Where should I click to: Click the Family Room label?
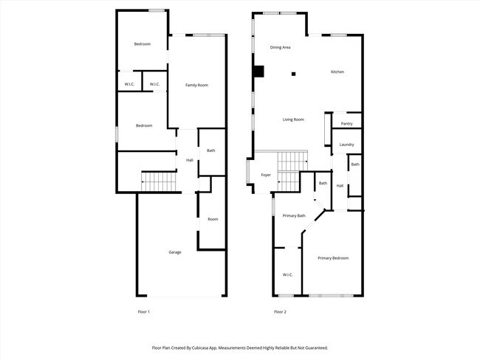(196, 86)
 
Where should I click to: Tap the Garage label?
(175, 252)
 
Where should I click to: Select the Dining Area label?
(280, 47)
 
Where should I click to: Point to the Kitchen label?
(337, 72)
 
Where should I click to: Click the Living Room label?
(293, 120)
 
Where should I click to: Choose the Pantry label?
(346, 123)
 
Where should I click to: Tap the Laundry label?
(346, 145)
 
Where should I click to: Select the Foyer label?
(266, 175)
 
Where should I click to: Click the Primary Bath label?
(294, 215)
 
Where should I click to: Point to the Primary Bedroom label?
(333, 258)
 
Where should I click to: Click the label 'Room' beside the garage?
(213, 219)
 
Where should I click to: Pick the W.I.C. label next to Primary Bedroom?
(288, 275)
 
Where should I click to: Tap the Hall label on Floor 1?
(189, 160)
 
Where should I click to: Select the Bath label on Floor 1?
(210, 150)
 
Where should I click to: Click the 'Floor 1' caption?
(144, 312)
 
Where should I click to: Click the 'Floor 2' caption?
(280, 312)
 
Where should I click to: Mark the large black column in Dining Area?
(258, 72)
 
